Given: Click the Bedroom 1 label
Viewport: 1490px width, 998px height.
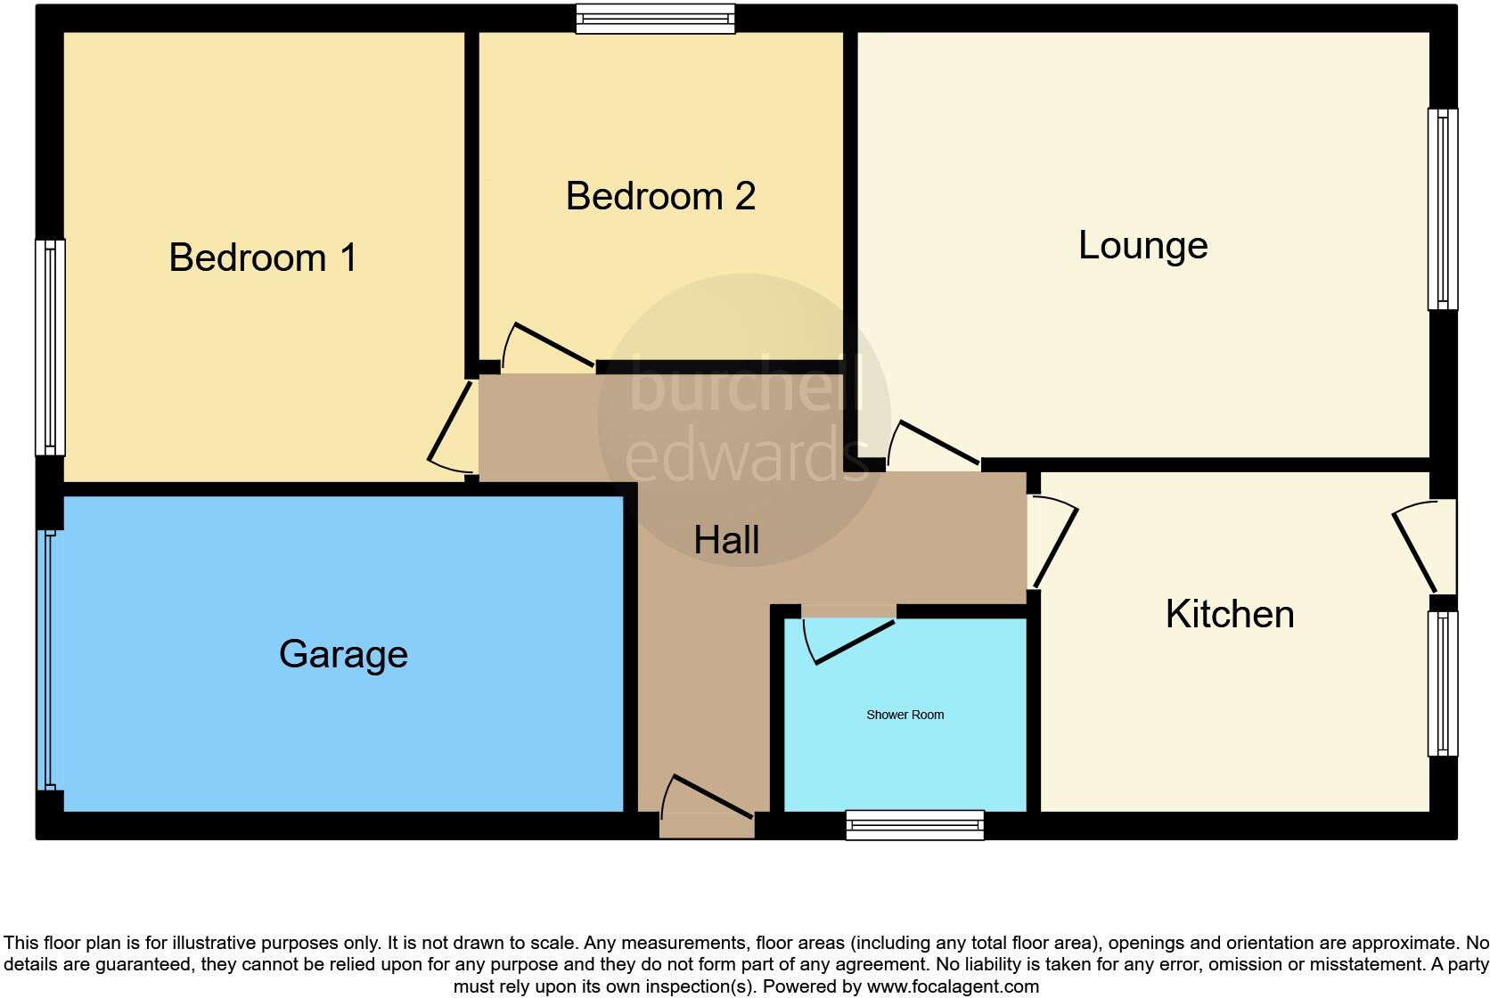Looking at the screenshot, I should click(x=263, y=258).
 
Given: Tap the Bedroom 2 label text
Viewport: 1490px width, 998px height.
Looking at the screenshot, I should click(x=660, y=196).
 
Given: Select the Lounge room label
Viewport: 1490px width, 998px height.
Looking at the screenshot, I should click(x=1142, y=245).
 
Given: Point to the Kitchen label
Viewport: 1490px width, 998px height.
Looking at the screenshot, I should click(x=1229, y=614).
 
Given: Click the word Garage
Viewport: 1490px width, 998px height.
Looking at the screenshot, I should click(x=343, y=654).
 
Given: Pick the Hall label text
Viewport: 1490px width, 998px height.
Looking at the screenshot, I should click(x=726, y=540).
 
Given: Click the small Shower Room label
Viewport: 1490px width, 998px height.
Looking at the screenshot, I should click(x=905, y=715).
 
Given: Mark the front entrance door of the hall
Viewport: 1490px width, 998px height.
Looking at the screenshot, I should click(x=708, y=802).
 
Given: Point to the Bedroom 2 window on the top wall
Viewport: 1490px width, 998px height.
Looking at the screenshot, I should click(x=655, y=18).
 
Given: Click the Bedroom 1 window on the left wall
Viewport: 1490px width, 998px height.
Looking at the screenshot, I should click(x=50, y=348).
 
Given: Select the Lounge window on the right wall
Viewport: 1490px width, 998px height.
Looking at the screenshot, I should click(x=1443, y=209).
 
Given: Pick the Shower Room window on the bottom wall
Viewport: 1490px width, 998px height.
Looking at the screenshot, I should click(x=914, y=825).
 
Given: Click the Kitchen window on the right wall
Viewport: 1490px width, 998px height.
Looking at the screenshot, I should click(x=1443, y=684).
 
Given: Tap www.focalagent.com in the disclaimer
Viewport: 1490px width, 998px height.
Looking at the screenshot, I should click(x=953, y=986).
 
